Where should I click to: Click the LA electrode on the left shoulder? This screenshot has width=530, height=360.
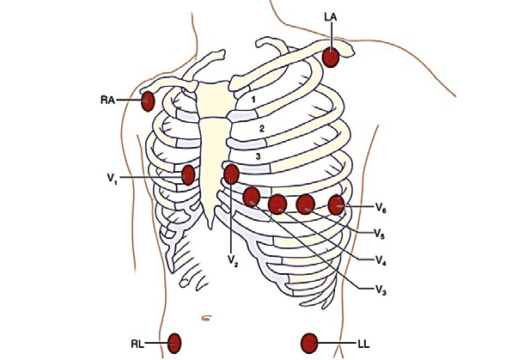(332, 58)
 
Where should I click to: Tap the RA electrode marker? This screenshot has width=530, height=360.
(148, 101)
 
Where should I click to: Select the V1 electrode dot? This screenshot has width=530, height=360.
(189, 175)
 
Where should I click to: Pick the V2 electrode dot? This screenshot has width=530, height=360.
(231, 175)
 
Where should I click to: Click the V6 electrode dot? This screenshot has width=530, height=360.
(336, 204)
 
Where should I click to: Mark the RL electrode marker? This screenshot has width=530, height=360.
(175, 343)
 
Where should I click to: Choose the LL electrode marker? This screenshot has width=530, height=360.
(309, 345)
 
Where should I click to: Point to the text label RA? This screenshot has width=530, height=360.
(107, 101)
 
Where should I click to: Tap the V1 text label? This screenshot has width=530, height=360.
(113, 179)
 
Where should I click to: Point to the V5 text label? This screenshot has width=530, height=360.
(379, 233)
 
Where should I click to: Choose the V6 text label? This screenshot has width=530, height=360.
(381, 207)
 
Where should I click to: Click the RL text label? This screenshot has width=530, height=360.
(137, 344)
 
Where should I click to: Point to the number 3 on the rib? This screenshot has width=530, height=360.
(258, 156)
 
